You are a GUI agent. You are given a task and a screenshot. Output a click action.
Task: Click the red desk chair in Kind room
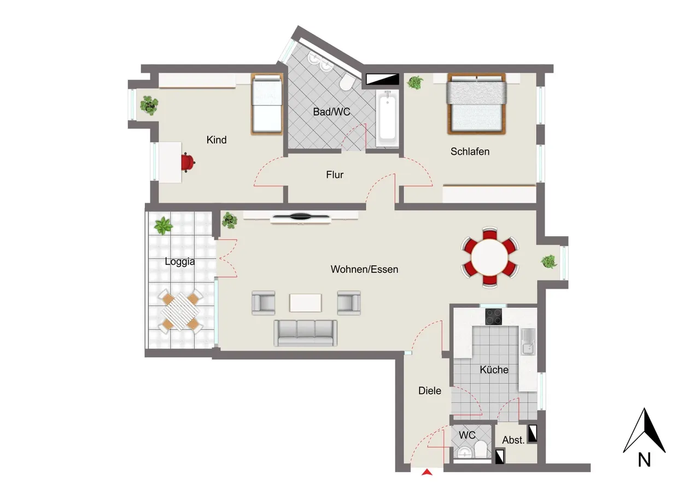[x=188, y=162]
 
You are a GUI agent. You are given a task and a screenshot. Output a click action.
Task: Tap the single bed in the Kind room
[x=267, y=104]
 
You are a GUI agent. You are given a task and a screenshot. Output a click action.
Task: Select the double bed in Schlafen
[x=476, y=104]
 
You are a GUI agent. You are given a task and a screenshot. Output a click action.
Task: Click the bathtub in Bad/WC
[x=388, y=119]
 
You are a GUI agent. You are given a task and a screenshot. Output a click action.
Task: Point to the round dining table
[x=489, y=258]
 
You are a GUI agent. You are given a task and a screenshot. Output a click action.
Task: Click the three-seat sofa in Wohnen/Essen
[x=305, y=333]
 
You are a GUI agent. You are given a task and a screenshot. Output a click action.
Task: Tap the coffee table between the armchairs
[x=305, y=302]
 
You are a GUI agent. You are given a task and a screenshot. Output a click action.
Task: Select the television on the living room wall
[x=301, y=216]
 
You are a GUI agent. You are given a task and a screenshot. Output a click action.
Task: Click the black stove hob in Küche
[x=494, y=317]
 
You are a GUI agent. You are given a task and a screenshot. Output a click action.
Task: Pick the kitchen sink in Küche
[x=528, y=342]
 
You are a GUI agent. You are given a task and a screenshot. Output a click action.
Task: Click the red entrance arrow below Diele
[x=427, y=472]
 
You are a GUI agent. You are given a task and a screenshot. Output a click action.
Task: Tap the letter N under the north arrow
[x=644, y=460]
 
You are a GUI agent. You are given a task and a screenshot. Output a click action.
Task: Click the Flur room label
[x=335, y=174]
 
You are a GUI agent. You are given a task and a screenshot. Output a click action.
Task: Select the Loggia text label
[x=180, y=261]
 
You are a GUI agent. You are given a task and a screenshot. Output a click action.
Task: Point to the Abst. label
[x=513, y=440]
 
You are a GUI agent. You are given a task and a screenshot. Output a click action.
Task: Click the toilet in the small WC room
[x=480, y=450]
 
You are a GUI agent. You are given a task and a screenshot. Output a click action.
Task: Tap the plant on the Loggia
[x=163, y=226]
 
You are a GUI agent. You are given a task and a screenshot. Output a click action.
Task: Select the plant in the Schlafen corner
[x=415, y=83]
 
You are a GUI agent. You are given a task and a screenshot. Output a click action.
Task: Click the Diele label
[x=430, y=391]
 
